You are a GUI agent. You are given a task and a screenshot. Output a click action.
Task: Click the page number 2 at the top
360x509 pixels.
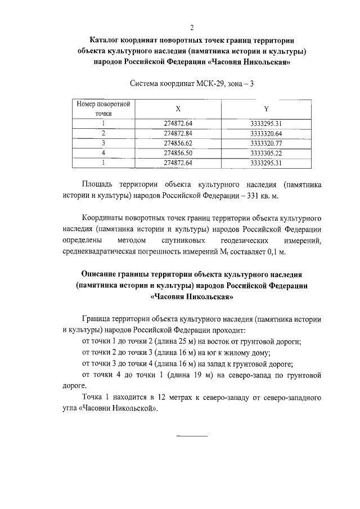(x=192, y=28)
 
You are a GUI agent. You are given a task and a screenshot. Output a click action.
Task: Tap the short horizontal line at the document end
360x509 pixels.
(x=192, y=436)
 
